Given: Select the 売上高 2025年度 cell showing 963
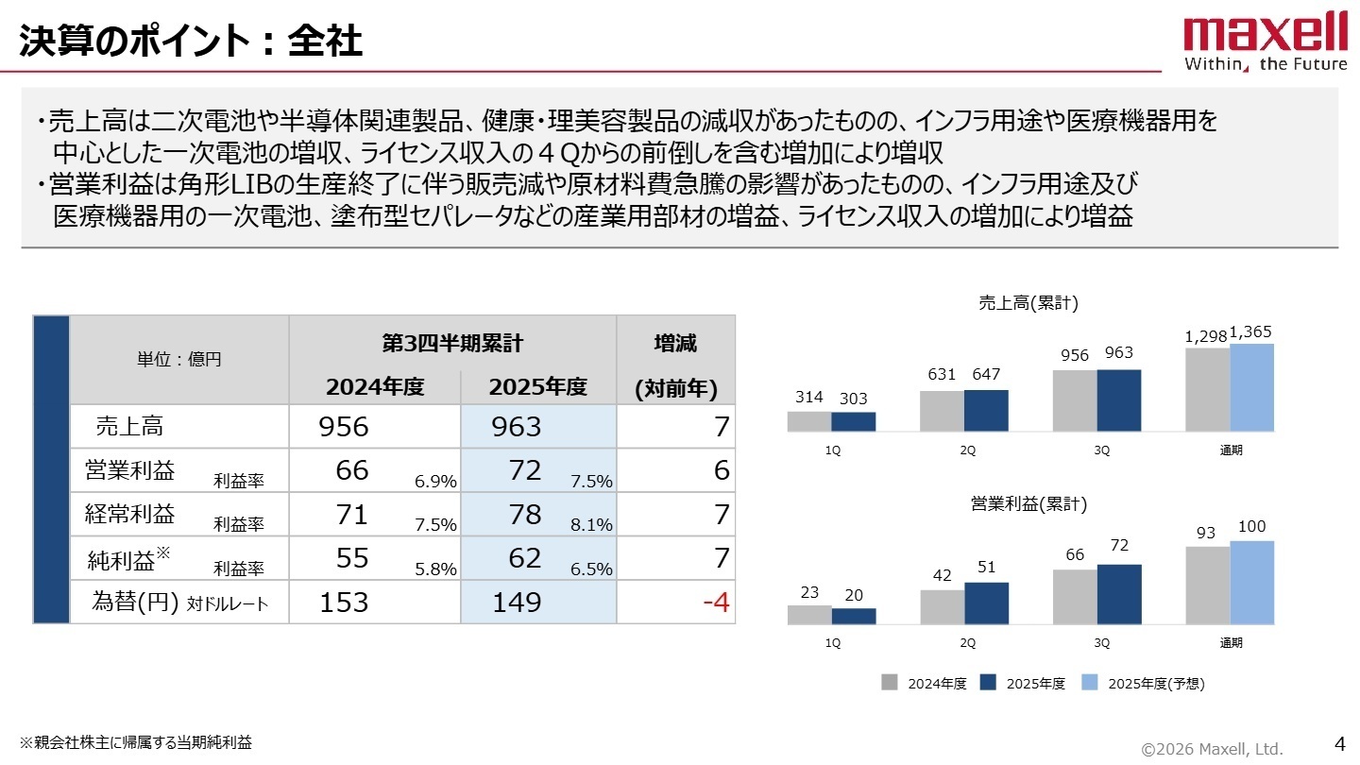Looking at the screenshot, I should click(517, 427).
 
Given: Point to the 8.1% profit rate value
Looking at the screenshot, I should click(591, 525).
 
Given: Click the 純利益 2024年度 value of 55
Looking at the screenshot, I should click(352, 558).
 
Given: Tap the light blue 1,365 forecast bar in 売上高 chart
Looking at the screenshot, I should click(1251, 387).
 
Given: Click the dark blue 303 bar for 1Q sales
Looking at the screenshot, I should click(854, 421).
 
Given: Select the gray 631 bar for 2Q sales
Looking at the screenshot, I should click(942, 411).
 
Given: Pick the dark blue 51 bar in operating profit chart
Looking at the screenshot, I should click(986, 603).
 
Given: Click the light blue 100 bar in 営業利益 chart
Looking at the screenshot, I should click(1251, 583).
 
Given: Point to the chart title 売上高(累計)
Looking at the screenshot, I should click(1028, 303).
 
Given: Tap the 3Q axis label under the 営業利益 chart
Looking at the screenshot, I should click(1101, 643).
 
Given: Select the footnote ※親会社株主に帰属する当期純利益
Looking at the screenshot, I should click(137, 742).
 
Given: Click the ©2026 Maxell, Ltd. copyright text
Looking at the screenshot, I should click(1212, 749).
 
